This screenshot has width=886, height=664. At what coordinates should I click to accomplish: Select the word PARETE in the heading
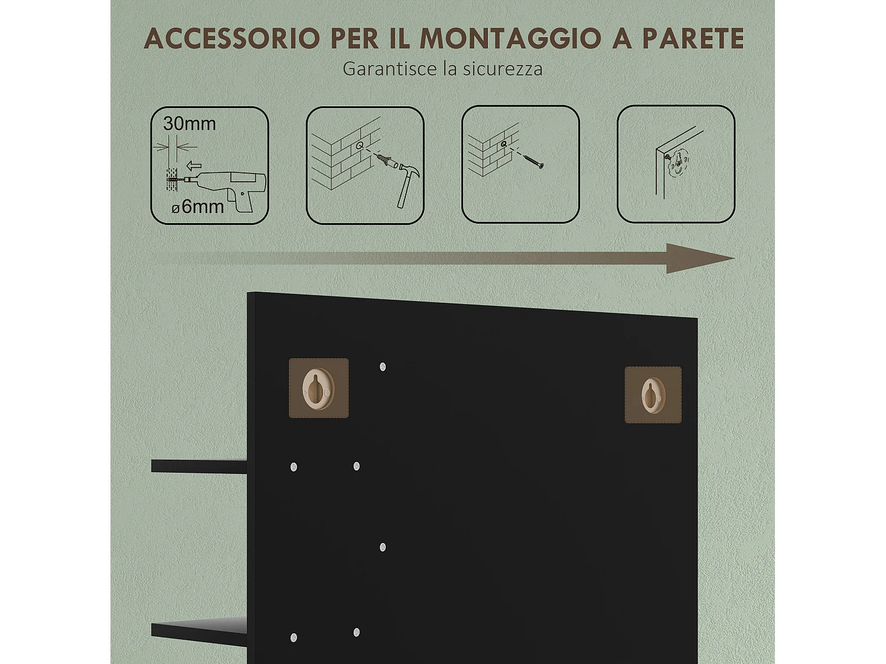(692, 39)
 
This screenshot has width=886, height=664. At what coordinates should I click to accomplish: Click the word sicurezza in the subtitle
(503, 69)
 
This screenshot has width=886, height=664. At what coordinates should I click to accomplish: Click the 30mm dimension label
(189, 123)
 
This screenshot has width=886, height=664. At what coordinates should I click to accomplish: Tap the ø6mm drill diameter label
(198, 207)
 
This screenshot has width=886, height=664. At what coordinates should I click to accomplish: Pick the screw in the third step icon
(533, 160)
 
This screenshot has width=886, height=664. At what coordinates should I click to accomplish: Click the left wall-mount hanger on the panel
(318, 388)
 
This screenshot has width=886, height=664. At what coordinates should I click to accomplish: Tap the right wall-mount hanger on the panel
(653, 394)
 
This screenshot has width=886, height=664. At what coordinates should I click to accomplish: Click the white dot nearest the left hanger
(383, 367)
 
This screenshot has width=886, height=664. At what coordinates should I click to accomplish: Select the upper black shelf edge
(198, 466)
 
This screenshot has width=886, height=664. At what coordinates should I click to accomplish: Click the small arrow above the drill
(193, 166)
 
